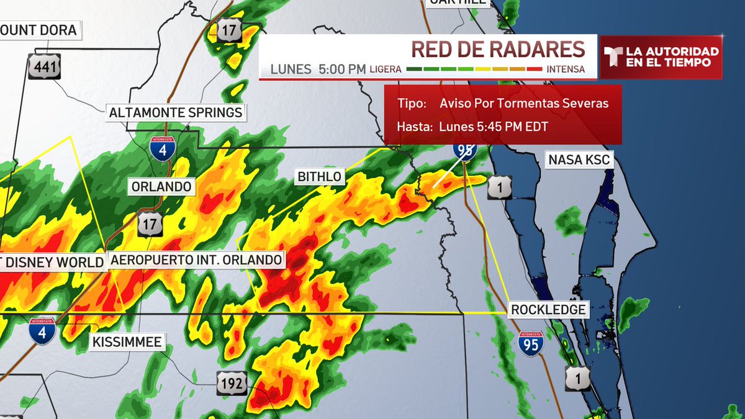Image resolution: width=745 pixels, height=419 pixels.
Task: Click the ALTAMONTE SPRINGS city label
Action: pos(175,113)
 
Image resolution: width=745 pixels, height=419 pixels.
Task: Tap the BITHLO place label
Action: pos(319,176)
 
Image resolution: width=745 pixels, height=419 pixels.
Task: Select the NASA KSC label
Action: pos(579,160)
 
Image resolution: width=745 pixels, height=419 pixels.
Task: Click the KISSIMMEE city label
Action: pos(127,342)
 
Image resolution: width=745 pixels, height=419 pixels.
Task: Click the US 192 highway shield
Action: pos(231,383)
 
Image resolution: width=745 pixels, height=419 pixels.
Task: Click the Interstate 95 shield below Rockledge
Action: pos(530,343)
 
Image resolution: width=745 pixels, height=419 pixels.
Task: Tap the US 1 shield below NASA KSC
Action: pos(500,187)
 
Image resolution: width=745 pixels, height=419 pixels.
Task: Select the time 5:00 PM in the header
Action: pos(341,69)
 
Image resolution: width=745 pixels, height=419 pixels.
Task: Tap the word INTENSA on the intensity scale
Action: pos(566,70)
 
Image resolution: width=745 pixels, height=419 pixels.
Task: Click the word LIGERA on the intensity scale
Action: pos(386,70)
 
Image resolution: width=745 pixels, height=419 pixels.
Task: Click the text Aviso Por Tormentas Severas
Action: pos(523,103)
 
